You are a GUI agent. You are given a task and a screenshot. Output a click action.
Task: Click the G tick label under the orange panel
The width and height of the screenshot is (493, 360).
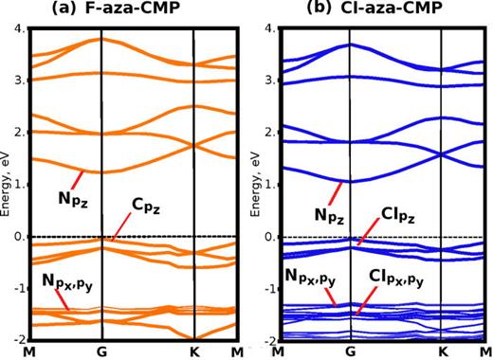point(101,351)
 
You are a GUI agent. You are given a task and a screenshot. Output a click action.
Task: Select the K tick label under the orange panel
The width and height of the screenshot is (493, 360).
point(194,351)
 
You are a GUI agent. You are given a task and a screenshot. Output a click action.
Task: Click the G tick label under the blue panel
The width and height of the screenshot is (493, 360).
point(350,351)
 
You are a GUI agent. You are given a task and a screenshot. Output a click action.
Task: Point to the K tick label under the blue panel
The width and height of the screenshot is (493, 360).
point(443,351)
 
